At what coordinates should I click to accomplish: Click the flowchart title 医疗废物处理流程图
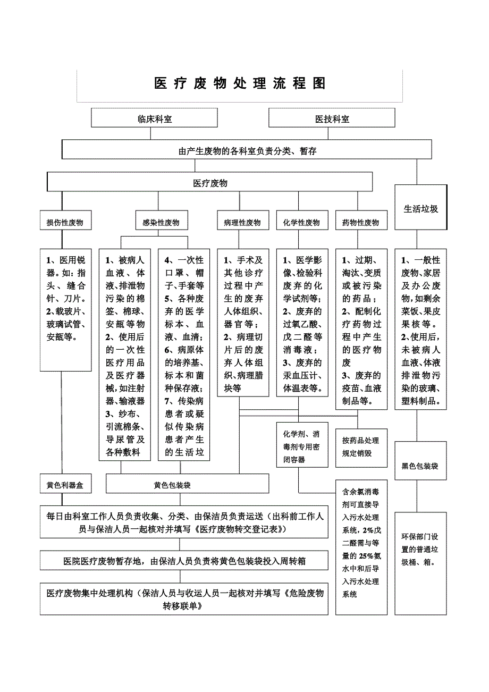click(x=240, y=84)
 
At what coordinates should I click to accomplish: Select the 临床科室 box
click(x=155, y=118)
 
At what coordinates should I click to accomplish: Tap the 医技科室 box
click(x=332, y=118)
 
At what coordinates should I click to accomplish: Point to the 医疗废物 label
click(x=210, y=183)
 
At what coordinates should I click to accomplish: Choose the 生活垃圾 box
click(x=420, y=208)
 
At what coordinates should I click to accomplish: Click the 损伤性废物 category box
click(x=65, y=223)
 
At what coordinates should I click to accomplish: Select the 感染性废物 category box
click(x=161, y=223)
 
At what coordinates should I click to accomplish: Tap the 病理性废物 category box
click(x=242, y=223)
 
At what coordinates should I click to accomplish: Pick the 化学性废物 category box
click(x=301, y=223)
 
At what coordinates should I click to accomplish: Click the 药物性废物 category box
click(x=361, y=223)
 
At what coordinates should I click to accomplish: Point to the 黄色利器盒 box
click(x=65, y=485)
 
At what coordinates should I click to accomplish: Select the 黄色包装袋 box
click(x=188, y=485)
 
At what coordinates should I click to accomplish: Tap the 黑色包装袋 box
click(x=420, y=466)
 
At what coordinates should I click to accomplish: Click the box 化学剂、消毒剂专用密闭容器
click(x=302, y=447)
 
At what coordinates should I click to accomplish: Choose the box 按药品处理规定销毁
click(x=360, y=447)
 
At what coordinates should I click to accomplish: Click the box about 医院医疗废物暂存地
click(x=184, y=560)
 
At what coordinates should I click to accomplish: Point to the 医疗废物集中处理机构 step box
click(x=184, y=600)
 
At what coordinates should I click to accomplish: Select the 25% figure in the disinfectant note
click(x=366, y=556)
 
